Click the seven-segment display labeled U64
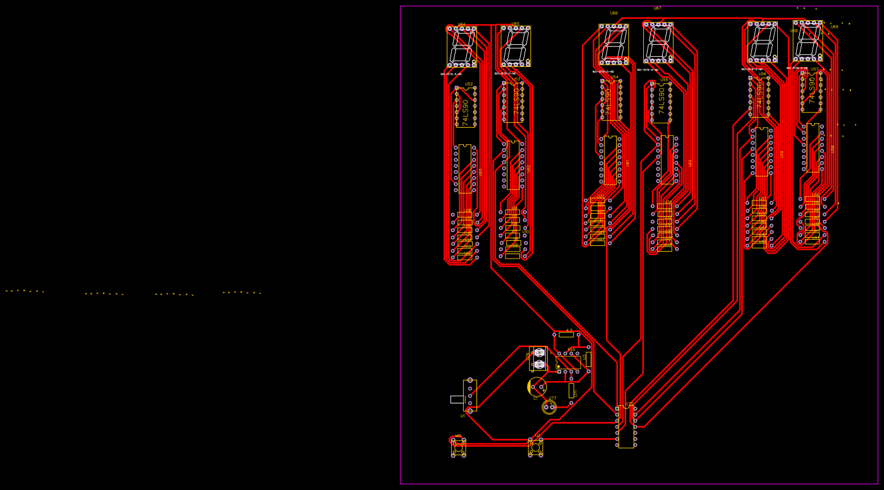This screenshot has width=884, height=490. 461,47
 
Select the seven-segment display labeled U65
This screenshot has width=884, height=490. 516,46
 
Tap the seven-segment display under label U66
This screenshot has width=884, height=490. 614,44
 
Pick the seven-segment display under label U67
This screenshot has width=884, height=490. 658,42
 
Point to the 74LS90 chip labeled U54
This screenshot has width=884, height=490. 611,100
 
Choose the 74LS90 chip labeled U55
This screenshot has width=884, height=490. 661,102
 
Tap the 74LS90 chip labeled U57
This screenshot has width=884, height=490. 811,92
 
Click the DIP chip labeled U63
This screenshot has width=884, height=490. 464,169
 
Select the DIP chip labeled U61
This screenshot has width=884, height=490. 610,160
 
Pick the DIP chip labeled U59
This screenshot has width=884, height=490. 761,152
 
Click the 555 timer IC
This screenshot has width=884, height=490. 568,362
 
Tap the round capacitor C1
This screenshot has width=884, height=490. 536,386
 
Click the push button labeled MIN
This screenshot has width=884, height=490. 458,447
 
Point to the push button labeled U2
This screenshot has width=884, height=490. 535,447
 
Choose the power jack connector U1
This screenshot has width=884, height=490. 469,396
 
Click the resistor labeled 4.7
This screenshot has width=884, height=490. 566,334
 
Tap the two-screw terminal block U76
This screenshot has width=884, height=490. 539,358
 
